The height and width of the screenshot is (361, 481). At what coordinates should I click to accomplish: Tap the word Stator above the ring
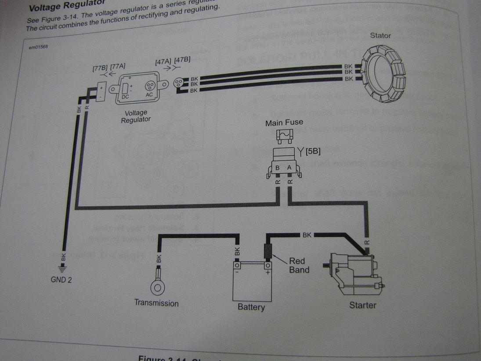pos(380,36)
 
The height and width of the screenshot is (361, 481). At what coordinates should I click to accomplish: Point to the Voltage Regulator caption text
pos(136,116)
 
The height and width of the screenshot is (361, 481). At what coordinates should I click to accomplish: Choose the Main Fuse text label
pos(284,123)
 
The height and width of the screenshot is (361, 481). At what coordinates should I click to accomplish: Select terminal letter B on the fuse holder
pos(278,168)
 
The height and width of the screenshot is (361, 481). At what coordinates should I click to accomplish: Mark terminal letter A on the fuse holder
pos(289,168)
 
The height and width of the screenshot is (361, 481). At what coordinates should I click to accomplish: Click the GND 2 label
pos(61,279)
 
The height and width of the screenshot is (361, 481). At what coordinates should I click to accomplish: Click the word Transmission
pos(156,303)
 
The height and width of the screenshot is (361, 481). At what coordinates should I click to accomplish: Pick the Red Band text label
pos(299,265)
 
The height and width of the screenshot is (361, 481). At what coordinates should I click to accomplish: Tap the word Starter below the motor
pos(362,305)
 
